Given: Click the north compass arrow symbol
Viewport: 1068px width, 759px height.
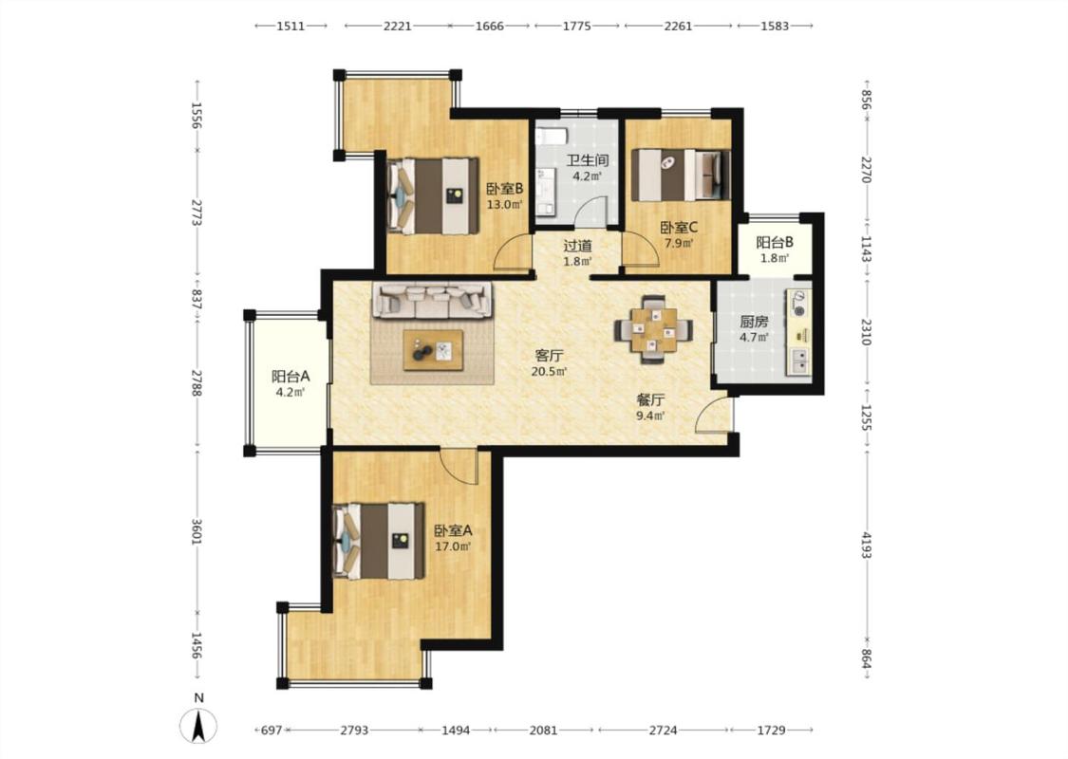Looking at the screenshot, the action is pyautogui.click(x=198, y=725).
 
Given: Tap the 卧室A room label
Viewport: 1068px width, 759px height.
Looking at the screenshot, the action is pyautogui.click(x=453, y=530).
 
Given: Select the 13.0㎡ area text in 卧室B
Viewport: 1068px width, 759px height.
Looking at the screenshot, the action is pyautogui.click(x=504, y=204).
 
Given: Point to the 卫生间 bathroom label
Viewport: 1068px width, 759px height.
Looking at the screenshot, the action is pyautogui.click(x=588, y=160).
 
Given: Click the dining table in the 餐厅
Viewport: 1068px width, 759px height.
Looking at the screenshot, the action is pyautogui.click(x=654, y=330).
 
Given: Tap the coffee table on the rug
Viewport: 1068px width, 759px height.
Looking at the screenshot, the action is pyautogui.click(x=433, y=350).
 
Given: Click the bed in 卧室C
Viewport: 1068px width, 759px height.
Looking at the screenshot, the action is pyautogui.click(x=681, y=175).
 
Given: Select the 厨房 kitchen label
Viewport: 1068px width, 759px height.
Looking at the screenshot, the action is pyautogui.click(x=754, y=322).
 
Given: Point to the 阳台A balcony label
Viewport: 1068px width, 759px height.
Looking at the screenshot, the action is pyautogui.click(x=290, y=376).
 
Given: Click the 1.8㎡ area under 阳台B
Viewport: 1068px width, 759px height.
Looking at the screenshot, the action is pyautogui.click(x=775, y=258).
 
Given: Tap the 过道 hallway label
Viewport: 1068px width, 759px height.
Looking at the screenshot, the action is pyautogui.click(x=577, y=246).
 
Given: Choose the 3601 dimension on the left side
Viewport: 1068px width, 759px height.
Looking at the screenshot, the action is pyautogui.click(x=196, y=531).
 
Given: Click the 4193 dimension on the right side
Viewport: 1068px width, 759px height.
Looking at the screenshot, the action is pyautogui.click(x=866, y=546).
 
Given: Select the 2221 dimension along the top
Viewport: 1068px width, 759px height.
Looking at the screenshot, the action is pyautogui.click(x=397, y=26).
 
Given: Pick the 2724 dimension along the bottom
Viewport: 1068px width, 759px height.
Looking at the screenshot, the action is pyautogui.click(x=663, y=730).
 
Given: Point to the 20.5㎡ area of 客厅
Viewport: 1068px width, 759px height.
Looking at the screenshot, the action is pyautogui.click(x=549, y=371).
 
